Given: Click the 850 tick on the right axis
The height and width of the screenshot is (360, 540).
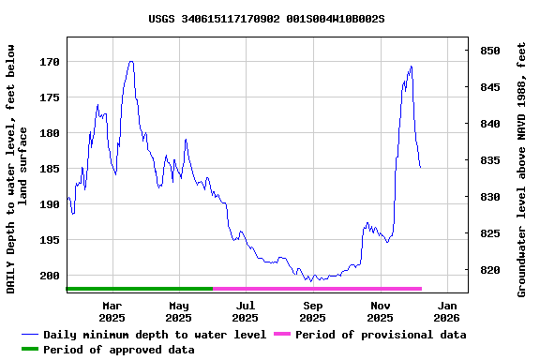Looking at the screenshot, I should click(x=489, y=51).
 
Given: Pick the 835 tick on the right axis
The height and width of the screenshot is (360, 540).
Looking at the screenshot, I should click(x=489, y=160).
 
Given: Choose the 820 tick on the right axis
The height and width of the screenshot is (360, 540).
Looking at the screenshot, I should click(x=489, y=270).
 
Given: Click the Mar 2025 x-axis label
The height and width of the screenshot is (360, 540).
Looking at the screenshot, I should click(x=112, y=311).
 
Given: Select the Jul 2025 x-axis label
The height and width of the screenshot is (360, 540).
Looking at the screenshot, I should click(x=246, y=311).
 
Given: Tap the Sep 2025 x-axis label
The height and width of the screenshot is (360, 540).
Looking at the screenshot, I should click(x=313, y=311).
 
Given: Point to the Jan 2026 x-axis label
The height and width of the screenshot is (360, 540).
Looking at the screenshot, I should click(x=447, y=311).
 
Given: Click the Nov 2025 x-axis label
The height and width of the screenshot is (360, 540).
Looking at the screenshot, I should click(x=380, y=311).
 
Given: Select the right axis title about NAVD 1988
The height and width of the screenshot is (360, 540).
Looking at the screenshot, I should click(x=522, y=169).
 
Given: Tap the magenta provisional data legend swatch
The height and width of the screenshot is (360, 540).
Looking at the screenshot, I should click(x=281, y=335).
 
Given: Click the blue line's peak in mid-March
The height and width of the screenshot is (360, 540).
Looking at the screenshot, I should click(x=131, y=62).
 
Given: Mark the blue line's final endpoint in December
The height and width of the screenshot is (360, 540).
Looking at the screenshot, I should click(x=421, y=168).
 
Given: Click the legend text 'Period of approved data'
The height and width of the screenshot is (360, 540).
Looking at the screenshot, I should click(x=119, y=350).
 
